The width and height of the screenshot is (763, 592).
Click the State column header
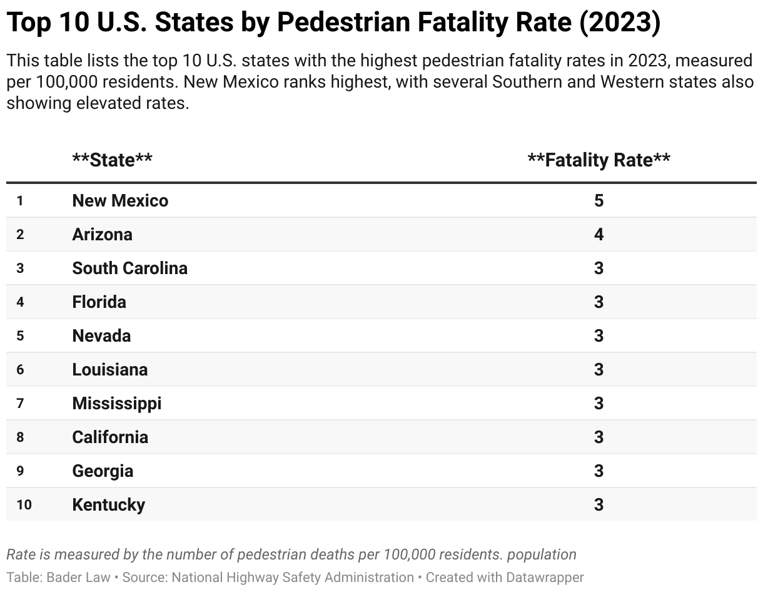[x=112, y=160]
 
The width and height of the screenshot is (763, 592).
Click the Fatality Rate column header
[x=599, y=160]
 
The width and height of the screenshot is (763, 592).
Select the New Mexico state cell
[x=120, y=201]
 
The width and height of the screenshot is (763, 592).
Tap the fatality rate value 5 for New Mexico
[x=599, y=201]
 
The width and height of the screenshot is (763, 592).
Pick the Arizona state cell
[x=102, y=234]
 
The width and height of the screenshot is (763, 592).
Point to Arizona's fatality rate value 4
[x=599, y=234]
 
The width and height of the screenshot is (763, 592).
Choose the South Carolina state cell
[x=130, y=268]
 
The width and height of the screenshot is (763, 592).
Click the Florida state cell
[x=99, y=302]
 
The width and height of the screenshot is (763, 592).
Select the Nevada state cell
[x=101, y=335]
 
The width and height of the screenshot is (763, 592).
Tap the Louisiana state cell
[x=110, y=370]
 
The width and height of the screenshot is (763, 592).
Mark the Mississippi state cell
[x=117, y=404]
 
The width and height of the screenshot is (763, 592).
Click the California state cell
[x=110, y=437]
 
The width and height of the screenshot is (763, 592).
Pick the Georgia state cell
[x=103, y=471]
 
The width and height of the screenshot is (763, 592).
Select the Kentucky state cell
[x=108, y=504]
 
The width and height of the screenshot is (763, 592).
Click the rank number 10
[x=24, y=505]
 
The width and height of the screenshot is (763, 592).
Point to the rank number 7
[x=20, y=404]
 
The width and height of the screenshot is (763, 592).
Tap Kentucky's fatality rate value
[x=599, y=504]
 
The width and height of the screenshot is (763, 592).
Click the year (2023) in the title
[x=620, y=22]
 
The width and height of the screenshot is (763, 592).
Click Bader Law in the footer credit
[x=78, y=577]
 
